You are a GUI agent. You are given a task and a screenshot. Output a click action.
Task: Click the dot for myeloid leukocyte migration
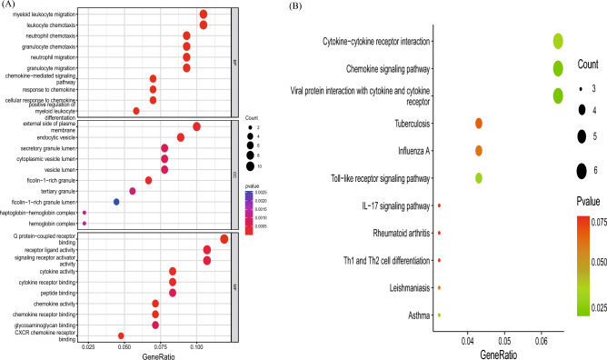(204, 14)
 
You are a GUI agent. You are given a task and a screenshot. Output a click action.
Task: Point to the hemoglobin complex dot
(85, 223)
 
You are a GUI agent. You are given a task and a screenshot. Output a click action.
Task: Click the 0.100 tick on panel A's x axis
(196, 346)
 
